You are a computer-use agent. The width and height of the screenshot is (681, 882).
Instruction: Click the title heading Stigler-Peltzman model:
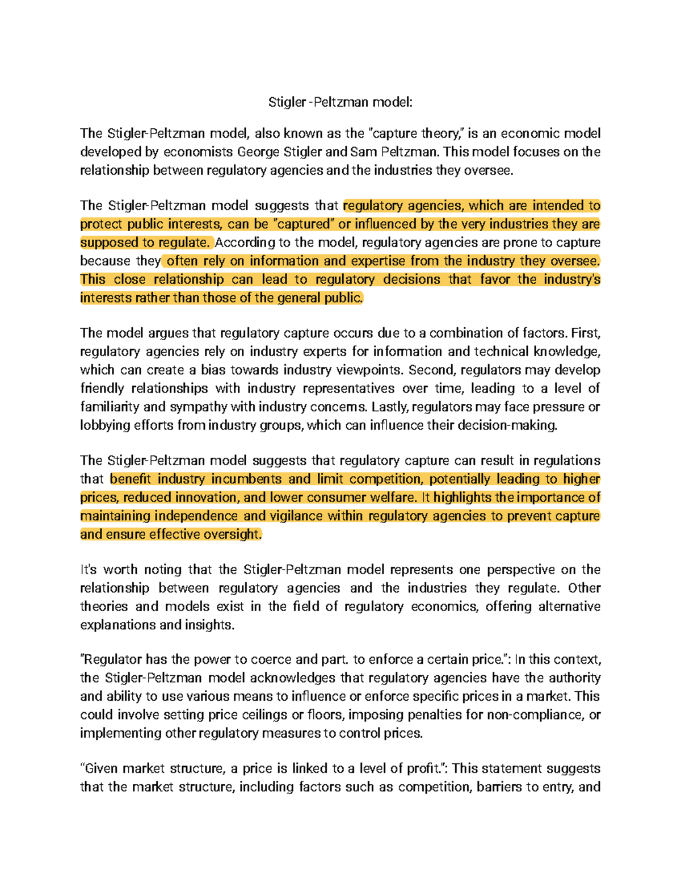click(340, 102)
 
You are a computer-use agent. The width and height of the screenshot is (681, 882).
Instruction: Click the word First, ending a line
click(585, 333)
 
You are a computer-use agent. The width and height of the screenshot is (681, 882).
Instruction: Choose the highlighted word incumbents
click(246, 479)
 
